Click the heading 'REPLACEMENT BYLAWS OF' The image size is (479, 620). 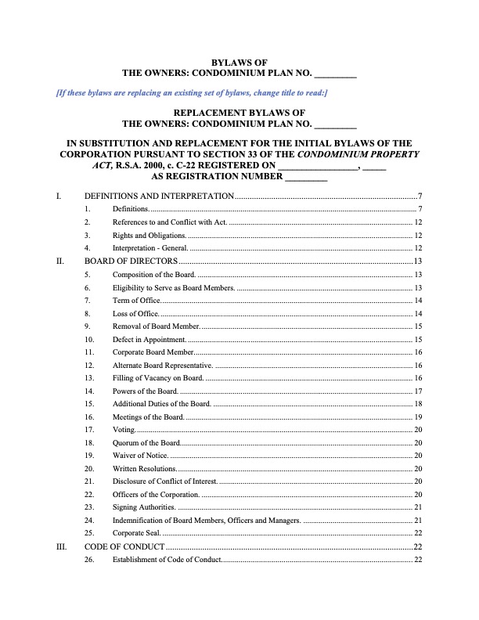tap(239, 113)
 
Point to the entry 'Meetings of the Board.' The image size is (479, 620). tap(149, 417)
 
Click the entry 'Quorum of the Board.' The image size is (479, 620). tap(146, 443)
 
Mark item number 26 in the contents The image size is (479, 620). tap(89, 560)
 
